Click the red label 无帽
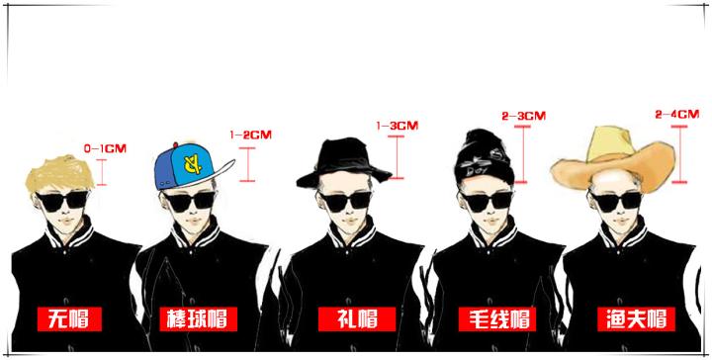70,318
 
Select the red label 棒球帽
194,318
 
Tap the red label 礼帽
357,318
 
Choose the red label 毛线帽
495,318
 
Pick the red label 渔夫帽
636,318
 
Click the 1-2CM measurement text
250,134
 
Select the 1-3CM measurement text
397,126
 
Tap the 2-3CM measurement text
523,116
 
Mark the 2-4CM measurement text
677,115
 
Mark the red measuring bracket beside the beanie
521,153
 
